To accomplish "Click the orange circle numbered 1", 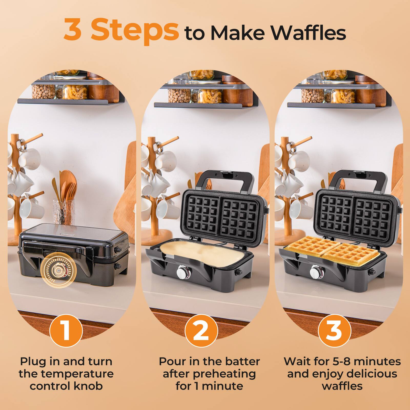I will (66, 331).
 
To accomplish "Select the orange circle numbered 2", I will (201, 331).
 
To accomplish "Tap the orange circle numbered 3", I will (334, 331).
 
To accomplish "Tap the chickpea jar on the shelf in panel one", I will (44, 91).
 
